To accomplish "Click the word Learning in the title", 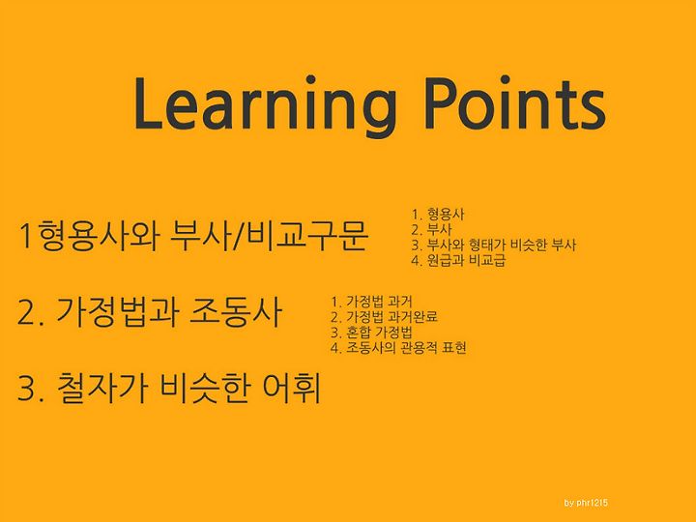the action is pos(265,105).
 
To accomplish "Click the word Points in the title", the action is pos(515,103).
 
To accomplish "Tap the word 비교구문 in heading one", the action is pos(307,235).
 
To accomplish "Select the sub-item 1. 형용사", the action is pos(438,215).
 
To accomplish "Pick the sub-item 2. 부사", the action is pos(431,229).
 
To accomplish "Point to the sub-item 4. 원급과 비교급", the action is pos(458,260).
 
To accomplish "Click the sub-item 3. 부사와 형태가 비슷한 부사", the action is pos(494,245).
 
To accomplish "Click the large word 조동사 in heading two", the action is pos(236,311).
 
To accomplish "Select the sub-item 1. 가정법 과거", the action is pos(371,302).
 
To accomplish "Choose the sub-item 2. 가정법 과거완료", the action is pos(385,317).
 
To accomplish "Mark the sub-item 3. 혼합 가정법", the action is pos(371,332).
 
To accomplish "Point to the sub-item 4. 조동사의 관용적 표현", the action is pos(398,347).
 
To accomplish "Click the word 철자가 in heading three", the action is pos(102,389).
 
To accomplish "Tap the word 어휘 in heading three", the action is pos(292,389).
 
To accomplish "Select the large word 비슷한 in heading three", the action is pos(205,389).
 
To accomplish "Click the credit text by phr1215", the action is pos(586,503).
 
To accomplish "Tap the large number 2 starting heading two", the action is pos(26,313).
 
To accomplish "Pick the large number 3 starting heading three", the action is pos(26,390).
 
